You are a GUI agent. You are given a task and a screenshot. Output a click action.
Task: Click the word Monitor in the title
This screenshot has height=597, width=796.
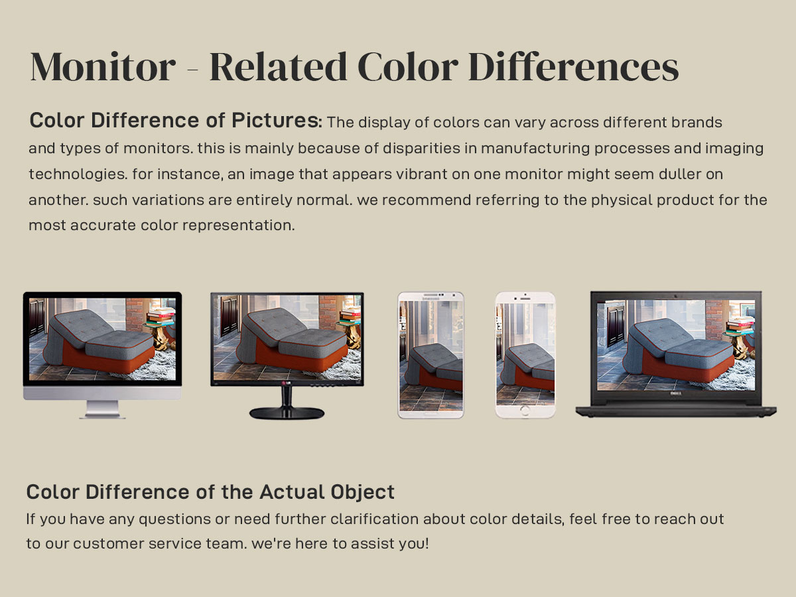point(103,67)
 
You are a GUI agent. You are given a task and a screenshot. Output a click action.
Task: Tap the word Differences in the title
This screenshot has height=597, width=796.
point(573,67)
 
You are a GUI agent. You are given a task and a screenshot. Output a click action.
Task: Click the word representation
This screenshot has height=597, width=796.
point(239,226)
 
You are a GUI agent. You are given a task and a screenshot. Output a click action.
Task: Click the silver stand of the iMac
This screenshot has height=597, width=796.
point(103,409)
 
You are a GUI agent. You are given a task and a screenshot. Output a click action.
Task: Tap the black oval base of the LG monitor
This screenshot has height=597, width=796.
point(287,413)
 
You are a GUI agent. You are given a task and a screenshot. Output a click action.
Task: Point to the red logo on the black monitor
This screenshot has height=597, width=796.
point(285,383)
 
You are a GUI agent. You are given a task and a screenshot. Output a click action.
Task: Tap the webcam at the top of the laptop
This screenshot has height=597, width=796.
point(676,296)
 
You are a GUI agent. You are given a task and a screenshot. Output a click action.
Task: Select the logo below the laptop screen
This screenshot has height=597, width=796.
point(675,394)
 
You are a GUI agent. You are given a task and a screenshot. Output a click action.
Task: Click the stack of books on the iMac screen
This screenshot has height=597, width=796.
point(161,316)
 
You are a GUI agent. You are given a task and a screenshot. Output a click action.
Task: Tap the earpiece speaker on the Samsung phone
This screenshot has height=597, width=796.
point(431,295)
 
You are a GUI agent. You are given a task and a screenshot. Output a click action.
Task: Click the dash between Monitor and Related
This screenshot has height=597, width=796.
point(193,68)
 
